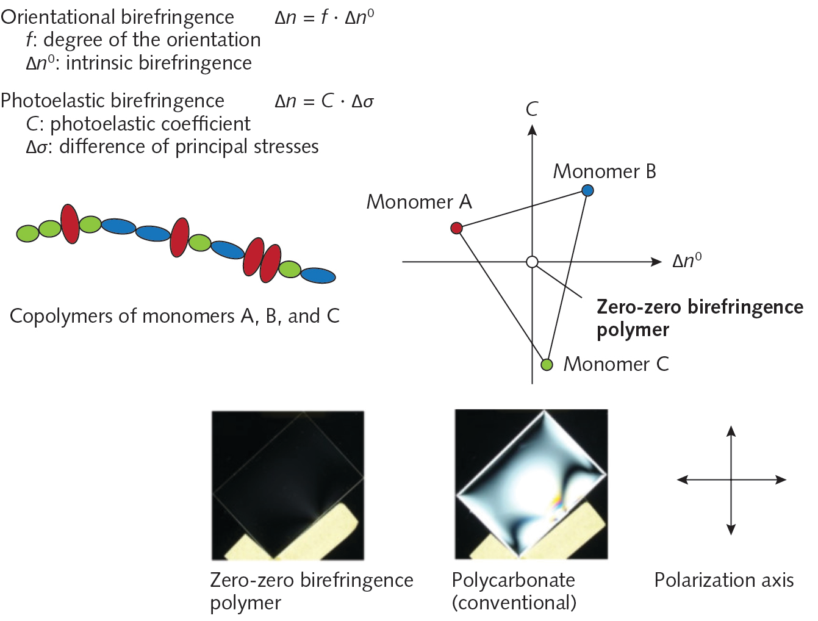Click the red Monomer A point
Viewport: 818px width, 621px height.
click(x=456, y=228)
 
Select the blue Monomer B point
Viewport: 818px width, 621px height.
click(x=587, y=190)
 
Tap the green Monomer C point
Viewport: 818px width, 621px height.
click(x=547, y=365)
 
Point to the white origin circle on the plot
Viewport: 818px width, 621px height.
click(x=532, y=262)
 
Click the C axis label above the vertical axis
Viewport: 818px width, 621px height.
click(x=532, y=109)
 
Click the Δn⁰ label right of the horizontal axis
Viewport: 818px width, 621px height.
click(x=687, y=261)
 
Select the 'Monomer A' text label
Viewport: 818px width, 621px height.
click(x=419, y=202)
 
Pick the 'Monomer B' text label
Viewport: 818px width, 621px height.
click(x=605, y=172)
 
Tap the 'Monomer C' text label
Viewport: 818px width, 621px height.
click(x=616, y=364)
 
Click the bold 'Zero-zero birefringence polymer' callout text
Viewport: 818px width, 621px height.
click(x=699, y=318)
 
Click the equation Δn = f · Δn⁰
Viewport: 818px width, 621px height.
click(x=324, y=17)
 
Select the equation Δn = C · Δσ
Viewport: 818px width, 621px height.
click(x=324, y=101)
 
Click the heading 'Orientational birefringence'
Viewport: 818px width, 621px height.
click(x=117, y=17)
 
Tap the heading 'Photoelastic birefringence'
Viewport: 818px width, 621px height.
click(x=113, y=101)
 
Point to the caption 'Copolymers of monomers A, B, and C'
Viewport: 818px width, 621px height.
click(x=174, y=316)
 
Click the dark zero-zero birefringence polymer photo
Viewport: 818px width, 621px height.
click(x=287, y=484)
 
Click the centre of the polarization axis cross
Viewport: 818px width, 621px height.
click(x=731, y=480)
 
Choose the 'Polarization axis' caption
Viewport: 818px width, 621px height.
click(x=724, y=580)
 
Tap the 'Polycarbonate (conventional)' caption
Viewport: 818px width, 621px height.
click(x=514, y=591)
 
